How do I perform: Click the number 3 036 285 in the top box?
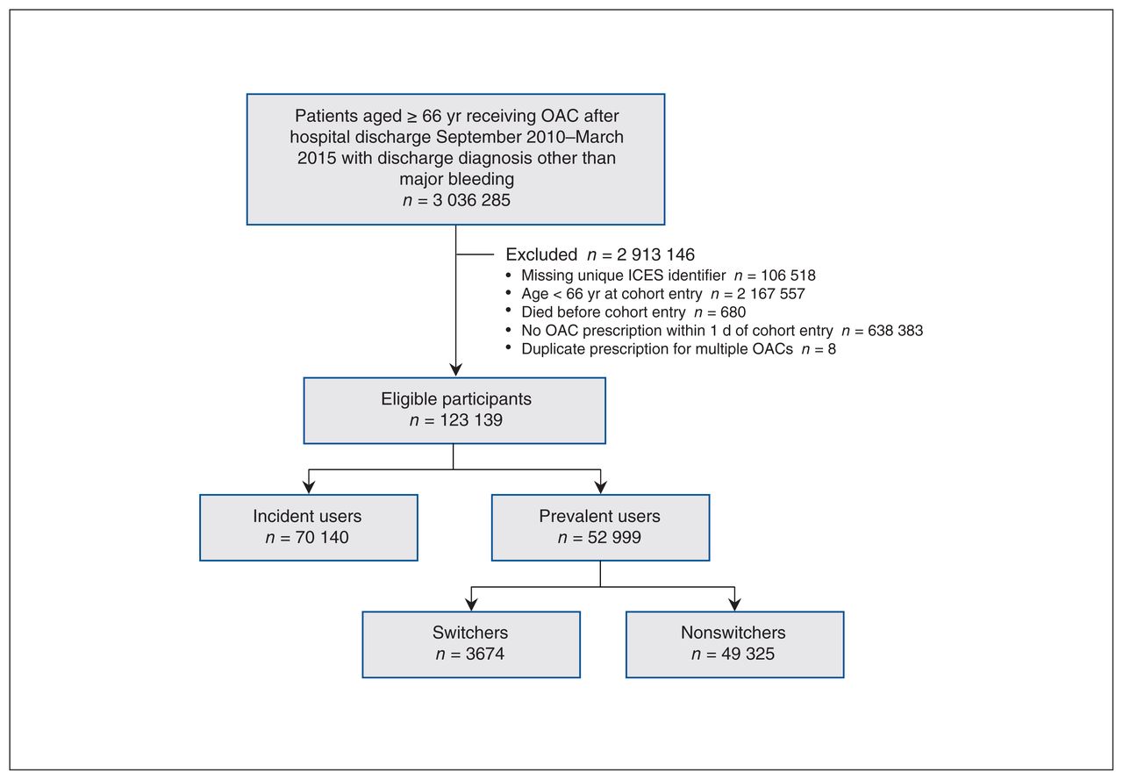point(471,200)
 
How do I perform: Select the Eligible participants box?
point(454,411)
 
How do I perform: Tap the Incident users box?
point(309,527)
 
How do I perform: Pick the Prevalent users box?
point(601,527)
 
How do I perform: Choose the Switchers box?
point(471,645)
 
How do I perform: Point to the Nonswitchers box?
point(735,645)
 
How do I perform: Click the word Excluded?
point(541,254)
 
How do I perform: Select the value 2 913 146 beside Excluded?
point(655,254)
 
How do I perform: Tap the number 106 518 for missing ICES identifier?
point(788,276)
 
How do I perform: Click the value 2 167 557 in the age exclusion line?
point(770,294)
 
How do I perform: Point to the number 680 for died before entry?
point(733,312)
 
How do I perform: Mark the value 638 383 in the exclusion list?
point(896,331)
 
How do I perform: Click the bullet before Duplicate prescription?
point(509,347)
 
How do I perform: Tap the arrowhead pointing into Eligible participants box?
point(455,369)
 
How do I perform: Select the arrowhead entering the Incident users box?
point(309,487)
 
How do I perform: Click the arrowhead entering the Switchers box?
point(471,604)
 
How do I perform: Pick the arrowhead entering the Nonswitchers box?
point(735,604)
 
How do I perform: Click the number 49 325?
point(748,654)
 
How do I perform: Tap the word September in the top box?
point(503,138)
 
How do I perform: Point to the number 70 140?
point(322,537)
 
